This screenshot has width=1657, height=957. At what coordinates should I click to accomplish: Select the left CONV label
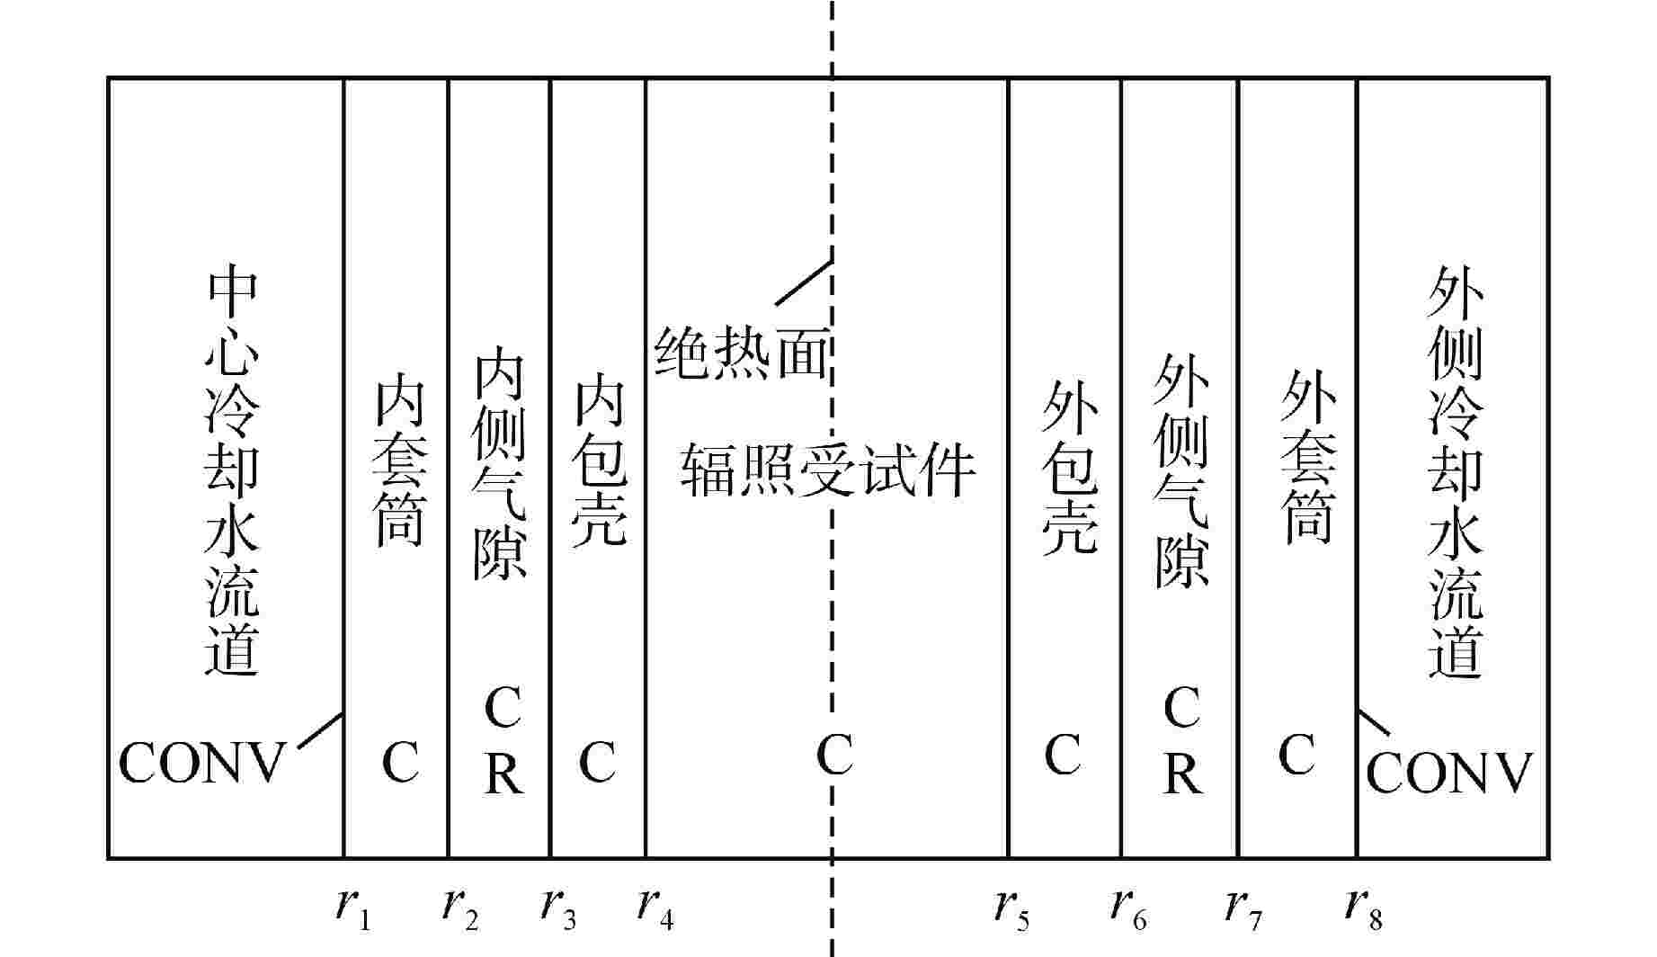[x=201, y=764]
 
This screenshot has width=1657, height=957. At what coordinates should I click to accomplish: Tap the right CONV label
[x=1448, y=773]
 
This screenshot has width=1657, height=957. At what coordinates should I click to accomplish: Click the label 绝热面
[x=741, y=352]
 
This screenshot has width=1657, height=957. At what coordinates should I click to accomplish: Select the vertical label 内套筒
[x=398, y=461]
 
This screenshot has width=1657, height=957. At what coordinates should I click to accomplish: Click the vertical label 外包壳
[x=1070, y=466]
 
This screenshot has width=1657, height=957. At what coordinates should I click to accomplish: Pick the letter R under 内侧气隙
[x=503, y=771]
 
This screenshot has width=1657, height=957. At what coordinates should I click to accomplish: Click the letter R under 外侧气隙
[x=1182, y=771]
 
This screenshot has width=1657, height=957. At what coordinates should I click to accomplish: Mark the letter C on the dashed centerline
[x=833, y=755]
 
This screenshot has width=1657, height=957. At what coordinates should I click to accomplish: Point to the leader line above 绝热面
[x=803, y=282]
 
